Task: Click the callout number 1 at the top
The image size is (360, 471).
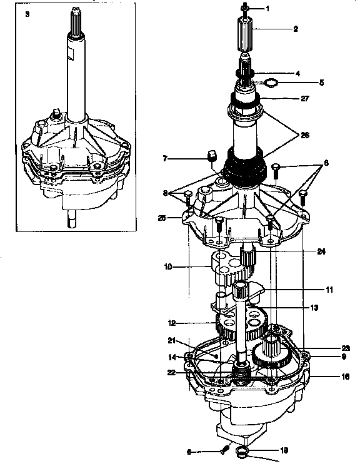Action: [267, 9]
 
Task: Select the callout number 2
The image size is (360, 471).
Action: [295, 29]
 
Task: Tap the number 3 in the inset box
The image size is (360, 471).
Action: [27, 13]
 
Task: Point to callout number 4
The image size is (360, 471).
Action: [297, 73]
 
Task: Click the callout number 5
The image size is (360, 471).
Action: [304, 82]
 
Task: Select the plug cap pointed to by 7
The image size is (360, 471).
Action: [211, 155]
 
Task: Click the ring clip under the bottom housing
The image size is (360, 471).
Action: [245, 452]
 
